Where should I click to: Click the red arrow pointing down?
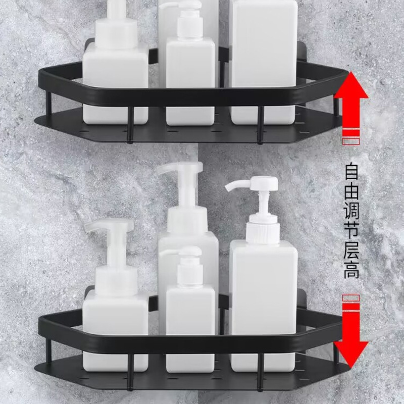(x=351, y=337)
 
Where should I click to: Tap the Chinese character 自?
(x=351, y=171)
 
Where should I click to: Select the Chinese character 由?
(x=351, y=191)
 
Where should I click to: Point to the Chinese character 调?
(x=351, y=211)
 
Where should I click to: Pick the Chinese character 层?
(x=351, y=250)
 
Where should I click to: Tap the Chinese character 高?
(x=351, y=270)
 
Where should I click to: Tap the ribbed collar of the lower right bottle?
(x=263, y=232)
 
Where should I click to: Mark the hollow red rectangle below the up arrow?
(x=350, y=141)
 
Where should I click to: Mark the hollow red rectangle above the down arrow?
(x=350, y=298)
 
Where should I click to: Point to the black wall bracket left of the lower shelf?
(x=89, y=294)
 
